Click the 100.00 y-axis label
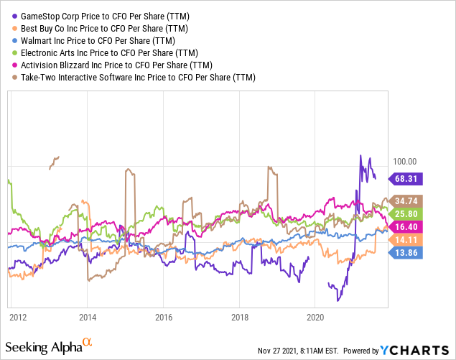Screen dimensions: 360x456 (402, 161)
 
